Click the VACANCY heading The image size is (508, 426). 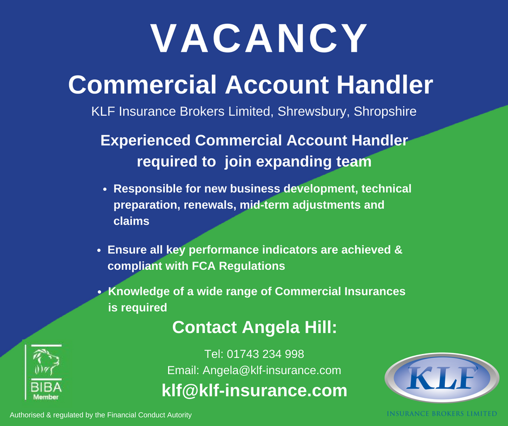click(x=259, y=38)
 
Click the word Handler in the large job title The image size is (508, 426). click(x=385, y=85)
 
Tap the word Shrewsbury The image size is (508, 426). click(x=312, y=111)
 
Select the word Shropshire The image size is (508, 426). click(x=385, y=111)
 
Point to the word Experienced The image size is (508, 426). click(x=145, y=141)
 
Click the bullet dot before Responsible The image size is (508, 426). click(x=105, y=189)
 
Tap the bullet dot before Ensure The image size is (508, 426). click(x=99, y=250)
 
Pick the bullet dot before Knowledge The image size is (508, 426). click(x=99, y=292)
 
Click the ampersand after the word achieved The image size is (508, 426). click(x=398, y=250)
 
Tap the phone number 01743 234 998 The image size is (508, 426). click(x=265, y=354)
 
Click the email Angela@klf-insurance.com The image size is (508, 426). click(x=272, y=370)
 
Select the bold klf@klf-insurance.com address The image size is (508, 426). click(x=255, y=390)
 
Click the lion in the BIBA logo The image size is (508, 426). click(x=46, y=362)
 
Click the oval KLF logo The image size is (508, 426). click(x=442, y=378)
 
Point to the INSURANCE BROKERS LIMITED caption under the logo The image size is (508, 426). click(x=442, y=414)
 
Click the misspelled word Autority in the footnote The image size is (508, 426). click(x=179, y=415)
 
